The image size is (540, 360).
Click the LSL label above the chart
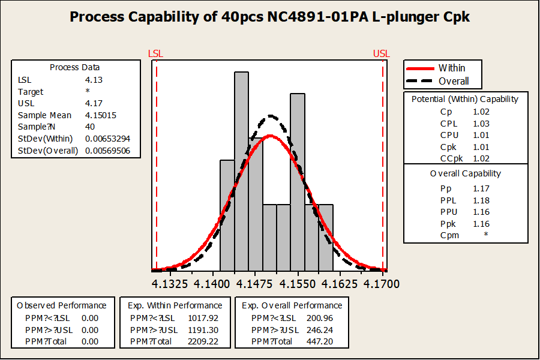pos(155,54)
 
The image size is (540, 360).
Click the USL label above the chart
pos(381,54)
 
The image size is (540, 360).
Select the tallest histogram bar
pos(241,171)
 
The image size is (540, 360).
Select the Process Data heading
pos(75,67)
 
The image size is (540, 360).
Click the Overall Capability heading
pos(466,173)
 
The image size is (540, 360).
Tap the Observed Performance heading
pos(62,305)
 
